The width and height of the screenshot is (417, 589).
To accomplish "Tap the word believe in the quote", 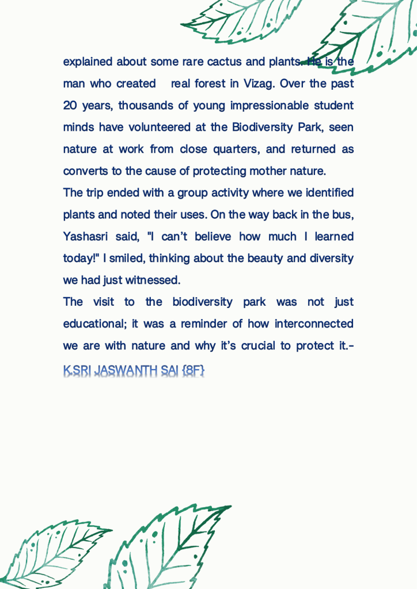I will pos(215,237).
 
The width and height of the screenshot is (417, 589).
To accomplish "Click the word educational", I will pos(94,324).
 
